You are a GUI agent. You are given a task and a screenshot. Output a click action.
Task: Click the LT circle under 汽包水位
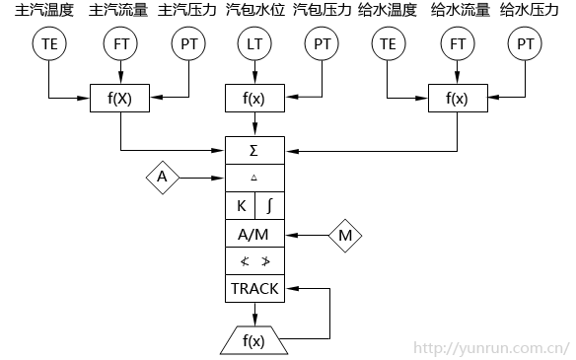pos(254,43)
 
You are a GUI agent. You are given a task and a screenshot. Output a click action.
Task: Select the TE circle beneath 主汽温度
pos(47,43)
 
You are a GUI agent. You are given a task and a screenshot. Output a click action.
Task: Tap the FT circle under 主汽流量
pos(119,43)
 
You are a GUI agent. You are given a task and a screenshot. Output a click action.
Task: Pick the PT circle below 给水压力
pos(526,43)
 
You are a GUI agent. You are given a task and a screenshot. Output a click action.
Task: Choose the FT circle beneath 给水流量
pos(457,43)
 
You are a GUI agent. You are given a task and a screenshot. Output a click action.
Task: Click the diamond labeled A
pos(163,178)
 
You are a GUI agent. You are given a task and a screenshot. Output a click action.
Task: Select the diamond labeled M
pos(345,235)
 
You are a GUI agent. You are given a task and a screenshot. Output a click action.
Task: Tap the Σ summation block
pos(255,151)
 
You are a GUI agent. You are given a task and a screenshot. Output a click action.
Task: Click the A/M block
pos(255,235)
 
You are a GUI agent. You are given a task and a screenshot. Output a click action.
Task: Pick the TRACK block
pos(255,289)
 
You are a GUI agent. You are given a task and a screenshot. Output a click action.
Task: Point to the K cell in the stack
pos(241,206)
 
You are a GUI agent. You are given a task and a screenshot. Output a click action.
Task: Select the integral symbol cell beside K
pos(270,206)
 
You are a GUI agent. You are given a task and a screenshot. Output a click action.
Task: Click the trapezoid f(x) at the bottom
pos(254,341)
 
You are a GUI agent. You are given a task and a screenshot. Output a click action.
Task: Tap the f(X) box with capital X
pos(119,98)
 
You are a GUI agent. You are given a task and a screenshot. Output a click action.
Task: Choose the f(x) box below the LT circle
pos(254,98)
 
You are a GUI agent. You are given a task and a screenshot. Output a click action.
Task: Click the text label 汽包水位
pos(254,11)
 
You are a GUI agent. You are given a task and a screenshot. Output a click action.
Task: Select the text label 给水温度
pos(388,11)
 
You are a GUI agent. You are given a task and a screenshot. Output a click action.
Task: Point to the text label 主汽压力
pos(187,11)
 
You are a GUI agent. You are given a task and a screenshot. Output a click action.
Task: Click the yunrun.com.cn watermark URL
pos(491,347)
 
